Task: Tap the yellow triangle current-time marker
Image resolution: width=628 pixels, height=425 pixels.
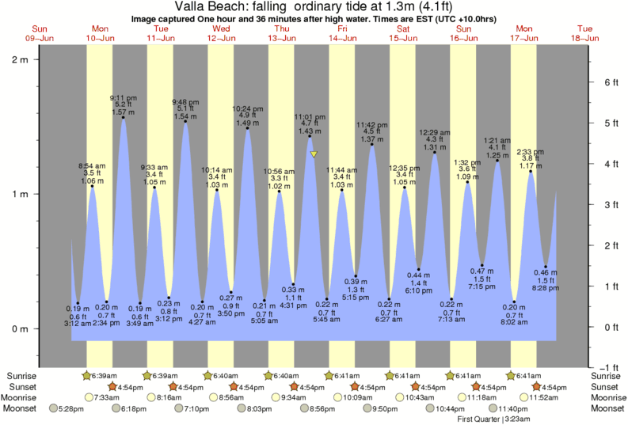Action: pos(314,154)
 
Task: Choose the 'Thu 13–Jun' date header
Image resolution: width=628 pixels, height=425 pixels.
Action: pos(281,33)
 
